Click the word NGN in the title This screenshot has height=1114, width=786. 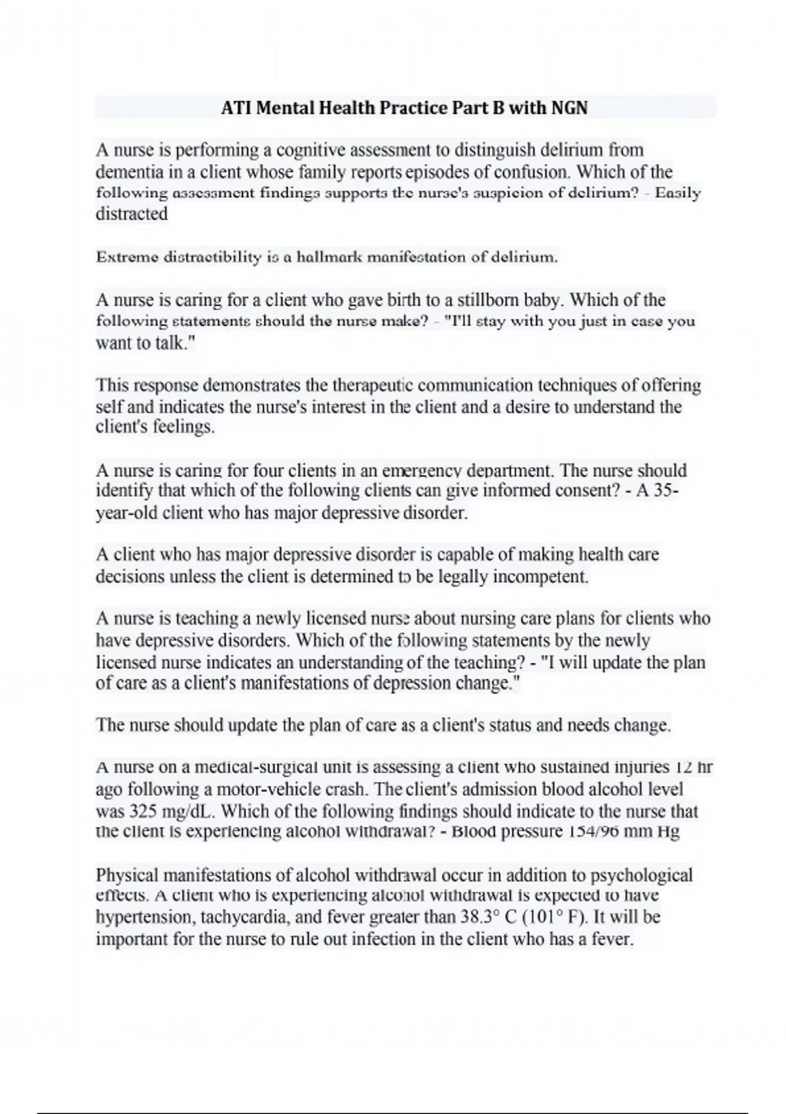pyautogui.click(x=569, y=107)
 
